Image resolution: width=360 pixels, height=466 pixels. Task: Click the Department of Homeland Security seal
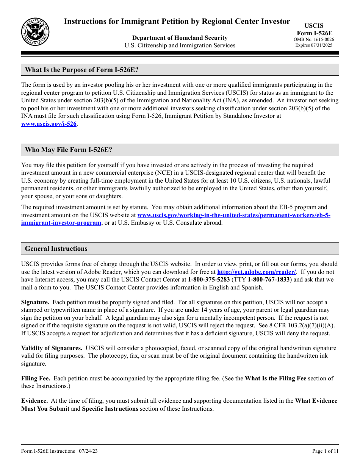click(35, 32)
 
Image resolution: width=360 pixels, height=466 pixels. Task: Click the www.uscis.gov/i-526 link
click(49, 124)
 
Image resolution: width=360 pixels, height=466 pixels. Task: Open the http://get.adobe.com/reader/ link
click(257, 272)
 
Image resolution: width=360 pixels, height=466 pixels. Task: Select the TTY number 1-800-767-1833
click(269, 280)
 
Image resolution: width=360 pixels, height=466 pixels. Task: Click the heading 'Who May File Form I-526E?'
click(69, 150)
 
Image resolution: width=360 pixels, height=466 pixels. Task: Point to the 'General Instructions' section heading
click(56, 249)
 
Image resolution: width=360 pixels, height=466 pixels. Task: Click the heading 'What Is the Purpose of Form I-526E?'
click(81, 70)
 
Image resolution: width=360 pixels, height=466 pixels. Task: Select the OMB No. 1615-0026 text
click(314, 39)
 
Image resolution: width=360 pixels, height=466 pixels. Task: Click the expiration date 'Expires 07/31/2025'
click(314, 45)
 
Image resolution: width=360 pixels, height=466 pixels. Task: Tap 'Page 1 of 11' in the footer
click(325, 451)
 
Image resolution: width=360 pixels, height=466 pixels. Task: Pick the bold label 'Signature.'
click(35, 302)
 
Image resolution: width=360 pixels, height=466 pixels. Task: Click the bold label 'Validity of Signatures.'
click(52, 348)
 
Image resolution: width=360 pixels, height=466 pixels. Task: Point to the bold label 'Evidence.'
click(34, 401)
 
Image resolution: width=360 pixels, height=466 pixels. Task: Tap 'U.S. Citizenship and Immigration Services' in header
click(180, 45)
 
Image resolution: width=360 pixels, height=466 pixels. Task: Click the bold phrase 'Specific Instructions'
click(110, 409)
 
